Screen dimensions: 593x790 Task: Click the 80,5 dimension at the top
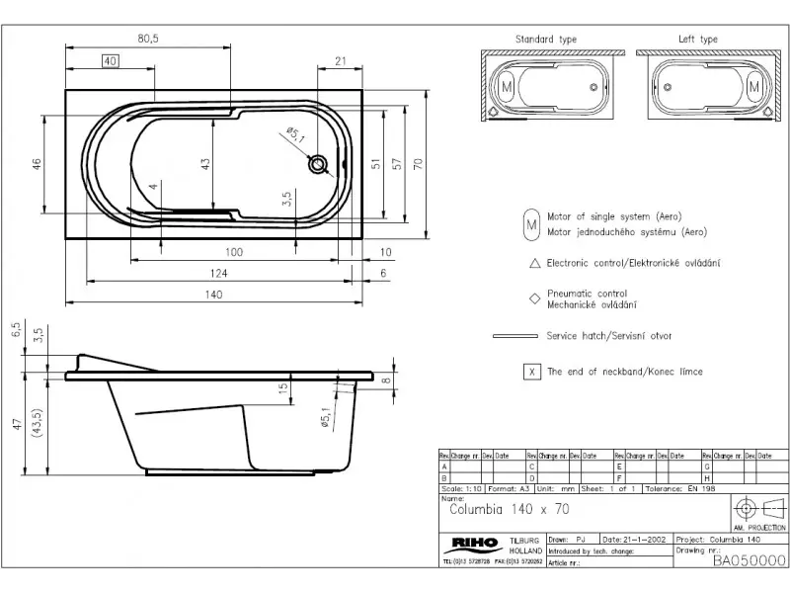tap(149, 38)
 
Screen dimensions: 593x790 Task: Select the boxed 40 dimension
tap(110, 61)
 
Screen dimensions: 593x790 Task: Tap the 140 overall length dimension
tap(214, 295)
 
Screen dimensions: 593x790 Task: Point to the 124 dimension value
tap(218, 273)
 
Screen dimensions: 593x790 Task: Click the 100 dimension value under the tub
tap(234, 252)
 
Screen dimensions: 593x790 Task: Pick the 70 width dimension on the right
tap(419, 162)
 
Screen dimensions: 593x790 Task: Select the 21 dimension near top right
tap(341, 61)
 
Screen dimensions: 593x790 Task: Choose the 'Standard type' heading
tap(546, 40)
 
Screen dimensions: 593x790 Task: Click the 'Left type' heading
tap(697, 40)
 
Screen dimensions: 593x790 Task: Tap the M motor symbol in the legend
tap(531, 223)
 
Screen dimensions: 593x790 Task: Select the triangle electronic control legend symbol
tap(533, 263)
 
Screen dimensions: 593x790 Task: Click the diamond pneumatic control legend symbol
tap(533, 297)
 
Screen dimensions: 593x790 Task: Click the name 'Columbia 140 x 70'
tap(510, 511)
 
